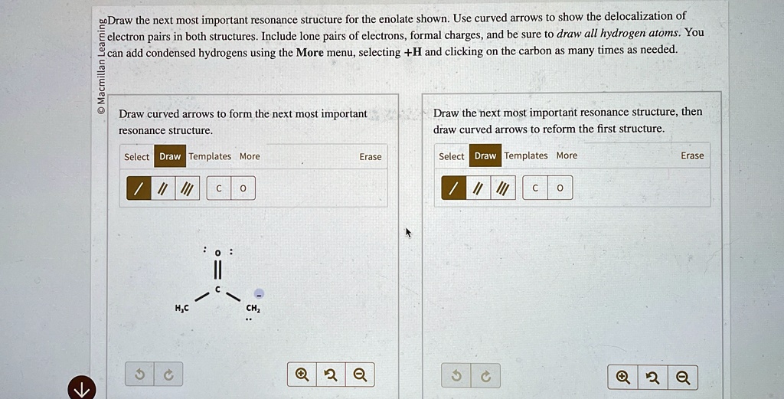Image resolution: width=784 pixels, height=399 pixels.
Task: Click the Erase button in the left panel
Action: (371, 157)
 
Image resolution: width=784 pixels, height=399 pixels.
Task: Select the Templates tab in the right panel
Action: (526, 156)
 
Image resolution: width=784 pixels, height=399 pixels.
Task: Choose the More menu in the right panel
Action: (567, 156)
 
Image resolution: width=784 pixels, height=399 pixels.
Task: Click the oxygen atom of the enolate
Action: (217, 252)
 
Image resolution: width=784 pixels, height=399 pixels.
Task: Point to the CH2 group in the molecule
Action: (253, 309)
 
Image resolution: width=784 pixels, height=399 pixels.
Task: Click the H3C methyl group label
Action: (181, 309)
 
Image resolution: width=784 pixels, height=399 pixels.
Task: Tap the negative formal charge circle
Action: (259, 293)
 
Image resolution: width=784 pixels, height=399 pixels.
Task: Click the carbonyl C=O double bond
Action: (217, 270)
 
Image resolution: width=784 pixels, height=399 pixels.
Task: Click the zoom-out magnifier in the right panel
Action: (683, 377)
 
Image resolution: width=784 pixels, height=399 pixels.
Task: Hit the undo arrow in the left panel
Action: (139, 374)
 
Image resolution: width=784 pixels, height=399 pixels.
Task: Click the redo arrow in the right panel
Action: (485, 377)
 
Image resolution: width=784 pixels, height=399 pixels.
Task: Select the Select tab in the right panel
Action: (451, 156)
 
